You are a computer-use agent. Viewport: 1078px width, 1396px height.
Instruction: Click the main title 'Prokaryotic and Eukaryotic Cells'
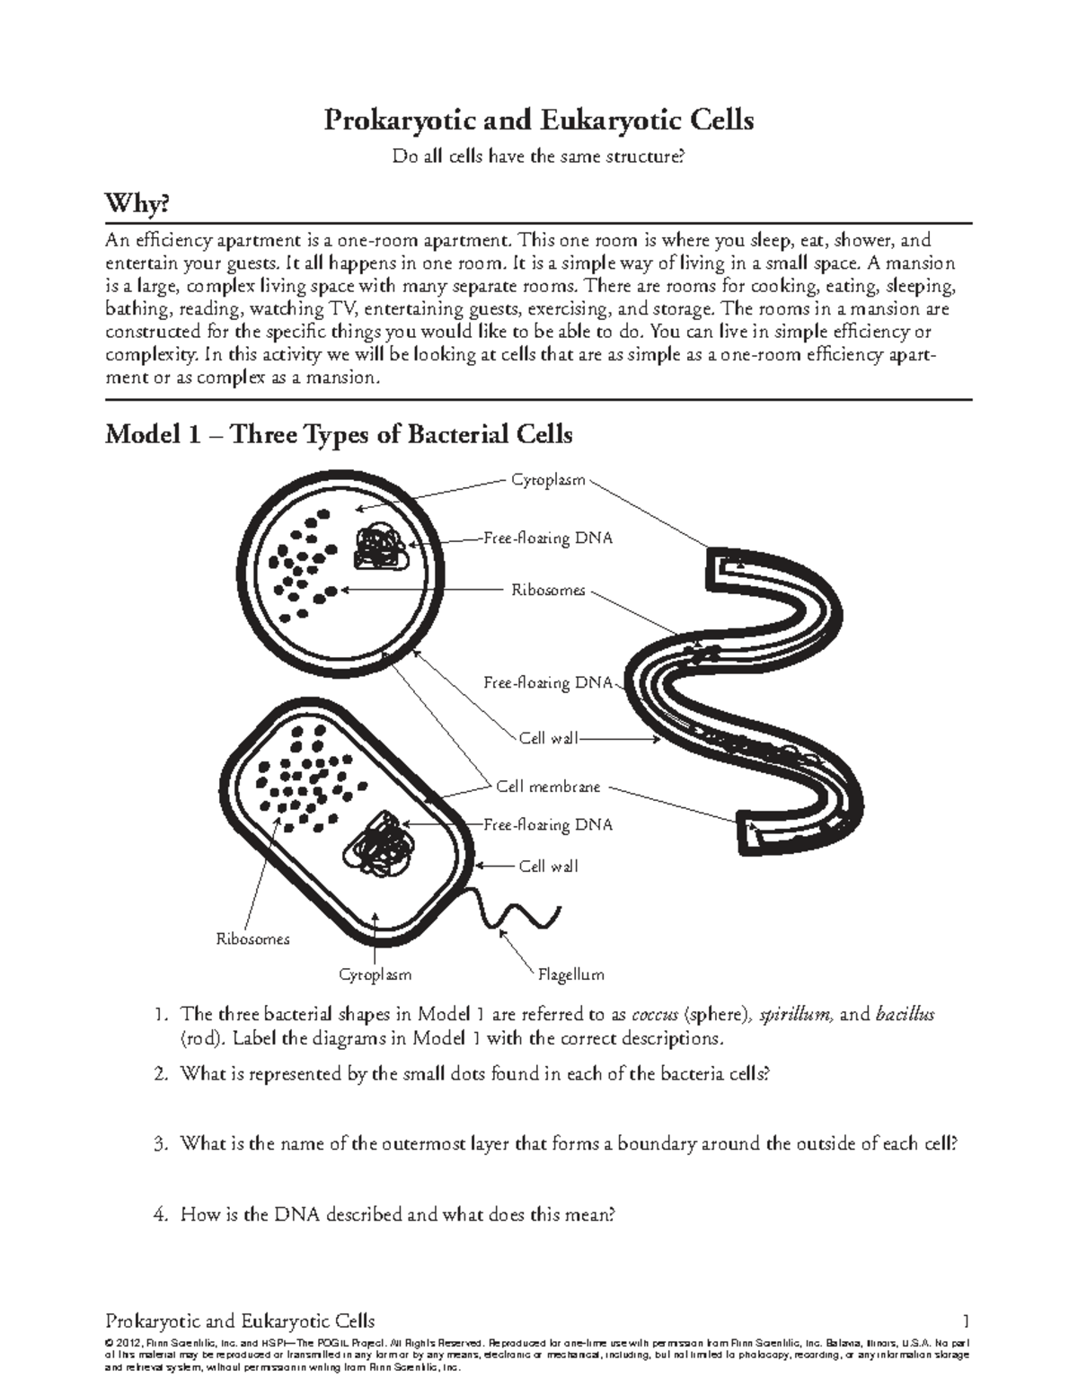(538, 120)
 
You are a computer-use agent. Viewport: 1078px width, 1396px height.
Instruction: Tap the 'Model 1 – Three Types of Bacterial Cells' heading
(339, 434)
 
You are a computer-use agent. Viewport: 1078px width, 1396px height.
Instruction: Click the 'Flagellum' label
(570, 974)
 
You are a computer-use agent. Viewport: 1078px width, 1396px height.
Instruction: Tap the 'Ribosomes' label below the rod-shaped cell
(252, 938)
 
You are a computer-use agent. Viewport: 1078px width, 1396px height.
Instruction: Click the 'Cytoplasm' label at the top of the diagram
(548, 480)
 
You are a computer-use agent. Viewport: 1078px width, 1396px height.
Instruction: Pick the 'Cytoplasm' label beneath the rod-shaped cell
(375, 974)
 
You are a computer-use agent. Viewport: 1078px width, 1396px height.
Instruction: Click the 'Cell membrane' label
(548, 787)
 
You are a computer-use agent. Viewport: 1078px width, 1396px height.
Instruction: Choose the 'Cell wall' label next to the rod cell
(548, 867)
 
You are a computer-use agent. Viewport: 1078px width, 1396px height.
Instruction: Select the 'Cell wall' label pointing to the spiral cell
(548, 738)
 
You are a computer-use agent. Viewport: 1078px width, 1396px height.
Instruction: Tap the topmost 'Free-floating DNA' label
(548, 538)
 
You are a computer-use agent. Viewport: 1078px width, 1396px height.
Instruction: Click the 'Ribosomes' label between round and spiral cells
(548, 591)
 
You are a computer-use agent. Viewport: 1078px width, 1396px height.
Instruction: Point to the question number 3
(160, 1144)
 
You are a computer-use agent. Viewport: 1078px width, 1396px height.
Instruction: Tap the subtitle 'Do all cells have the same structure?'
(538, 157)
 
